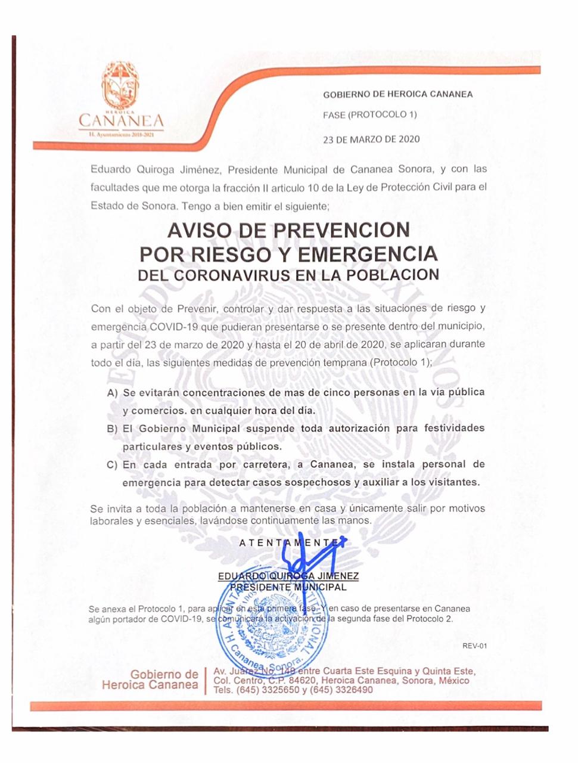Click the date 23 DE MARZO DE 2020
(x=371, y=139)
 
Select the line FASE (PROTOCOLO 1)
(x=369, y=114)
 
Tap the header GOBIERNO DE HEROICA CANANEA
(x=397, y=94)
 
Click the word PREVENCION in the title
(x=346, y=230)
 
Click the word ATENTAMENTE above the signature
(x=292, y=542)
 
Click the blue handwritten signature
(x=310, y=557)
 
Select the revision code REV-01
(x=474, y=646)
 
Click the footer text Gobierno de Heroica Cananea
(x=151, y=680)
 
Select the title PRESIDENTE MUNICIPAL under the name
(x=288, y=587)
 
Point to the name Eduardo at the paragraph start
(x=111, y=169)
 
